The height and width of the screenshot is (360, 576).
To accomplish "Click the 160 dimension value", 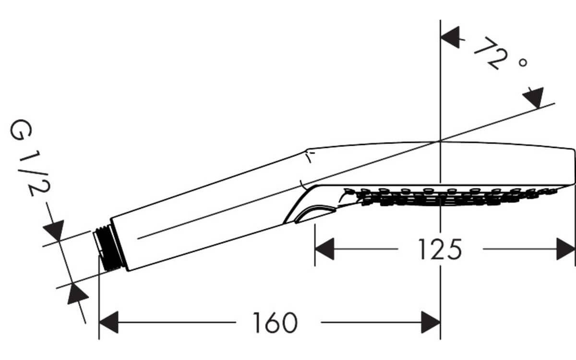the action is point(275,323).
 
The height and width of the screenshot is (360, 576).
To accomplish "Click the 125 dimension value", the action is point(440,249).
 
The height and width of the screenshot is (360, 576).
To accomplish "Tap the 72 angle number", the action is point(491,53).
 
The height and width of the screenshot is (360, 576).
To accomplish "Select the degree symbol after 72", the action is point(523,62).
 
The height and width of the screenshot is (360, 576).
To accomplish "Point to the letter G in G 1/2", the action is point(21,130).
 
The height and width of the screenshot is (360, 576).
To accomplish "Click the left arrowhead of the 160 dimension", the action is point(109,322).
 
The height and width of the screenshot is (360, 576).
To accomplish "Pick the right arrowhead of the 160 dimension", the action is point(431,322).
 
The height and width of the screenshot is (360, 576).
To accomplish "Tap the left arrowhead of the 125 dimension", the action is point(324,249).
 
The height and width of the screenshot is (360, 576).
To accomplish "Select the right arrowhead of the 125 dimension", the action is point(566,249).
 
